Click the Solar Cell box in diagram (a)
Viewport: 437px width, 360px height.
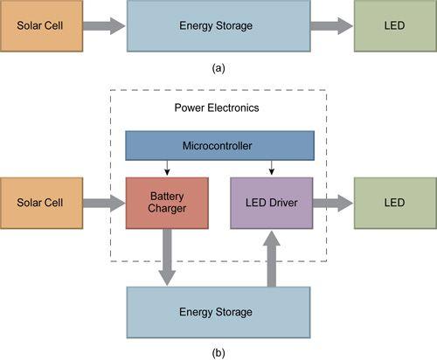41,25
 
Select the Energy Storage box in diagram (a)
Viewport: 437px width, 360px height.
218,25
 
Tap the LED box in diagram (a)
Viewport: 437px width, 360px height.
395,25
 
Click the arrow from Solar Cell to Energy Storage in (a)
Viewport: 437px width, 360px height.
104,26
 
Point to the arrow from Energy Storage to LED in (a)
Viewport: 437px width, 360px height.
332,26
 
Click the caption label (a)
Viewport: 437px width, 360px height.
218,68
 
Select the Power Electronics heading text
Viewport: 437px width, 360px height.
217,107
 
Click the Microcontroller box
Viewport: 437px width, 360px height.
219,145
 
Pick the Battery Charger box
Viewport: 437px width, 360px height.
167,203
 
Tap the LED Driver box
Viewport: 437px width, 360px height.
272,203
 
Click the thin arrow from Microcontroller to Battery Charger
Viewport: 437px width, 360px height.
167,168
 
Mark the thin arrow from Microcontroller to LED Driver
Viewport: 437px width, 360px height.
272,168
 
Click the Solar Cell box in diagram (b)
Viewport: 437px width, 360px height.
41,203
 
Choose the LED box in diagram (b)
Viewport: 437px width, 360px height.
395,203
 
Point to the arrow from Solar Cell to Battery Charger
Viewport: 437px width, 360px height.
104,203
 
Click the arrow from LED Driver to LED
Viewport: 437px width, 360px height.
333,203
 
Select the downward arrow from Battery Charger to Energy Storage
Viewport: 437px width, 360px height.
167,258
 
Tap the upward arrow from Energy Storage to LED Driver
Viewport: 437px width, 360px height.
272,259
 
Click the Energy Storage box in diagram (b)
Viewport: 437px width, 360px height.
218,313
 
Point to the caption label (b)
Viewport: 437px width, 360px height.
218,353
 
